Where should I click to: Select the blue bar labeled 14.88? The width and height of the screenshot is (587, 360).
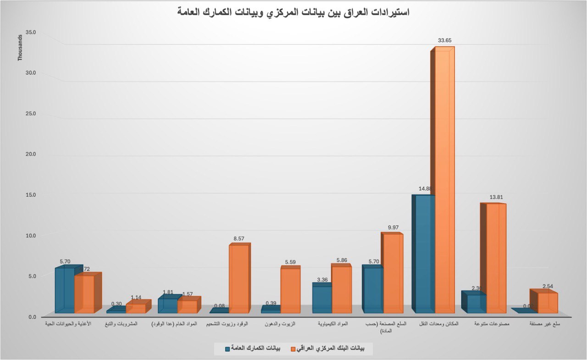[x=424, y=252]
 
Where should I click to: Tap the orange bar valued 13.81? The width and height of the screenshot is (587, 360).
[x=496, y=257]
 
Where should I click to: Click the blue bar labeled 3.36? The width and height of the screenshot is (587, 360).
[x=322, y=299]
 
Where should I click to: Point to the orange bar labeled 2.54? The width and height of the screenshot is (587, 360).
[x=547, y=302]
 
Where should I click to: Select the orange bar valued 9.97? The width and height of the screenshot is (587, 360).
[x=393, y=273]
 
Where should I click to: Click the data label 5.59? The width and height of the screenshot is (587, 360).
[x=290, y=262]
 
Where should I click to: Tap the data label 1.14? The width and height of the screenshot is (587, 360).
[x=136, y=297]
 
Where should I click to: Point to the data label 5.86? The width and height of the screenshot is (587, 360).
[x=342, y=260]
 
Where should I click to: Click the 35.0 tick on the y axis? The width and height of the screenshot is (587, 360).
[x=31, y=33]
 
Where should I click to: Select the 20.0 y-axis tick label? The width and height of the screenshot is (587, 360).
[x=31, y=154]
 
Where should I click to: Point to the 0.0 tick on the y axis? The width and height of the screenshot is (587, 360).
[x=33, y=317]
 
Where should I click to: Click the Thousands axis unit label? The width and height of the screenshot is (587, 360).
[x=20, y=48]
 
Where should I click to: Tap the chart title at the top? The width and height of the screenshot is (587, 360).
[x=293, y=12]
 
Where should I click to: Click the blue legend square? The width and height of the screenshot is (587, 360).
[x=227, y=349]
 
